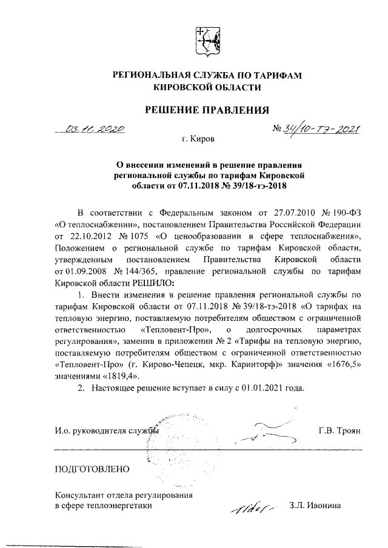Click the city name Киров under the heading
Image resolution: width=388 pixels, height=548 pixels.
(201, 139)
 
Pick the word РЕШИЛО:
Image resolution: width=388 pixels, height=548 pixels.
(149, 282)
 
